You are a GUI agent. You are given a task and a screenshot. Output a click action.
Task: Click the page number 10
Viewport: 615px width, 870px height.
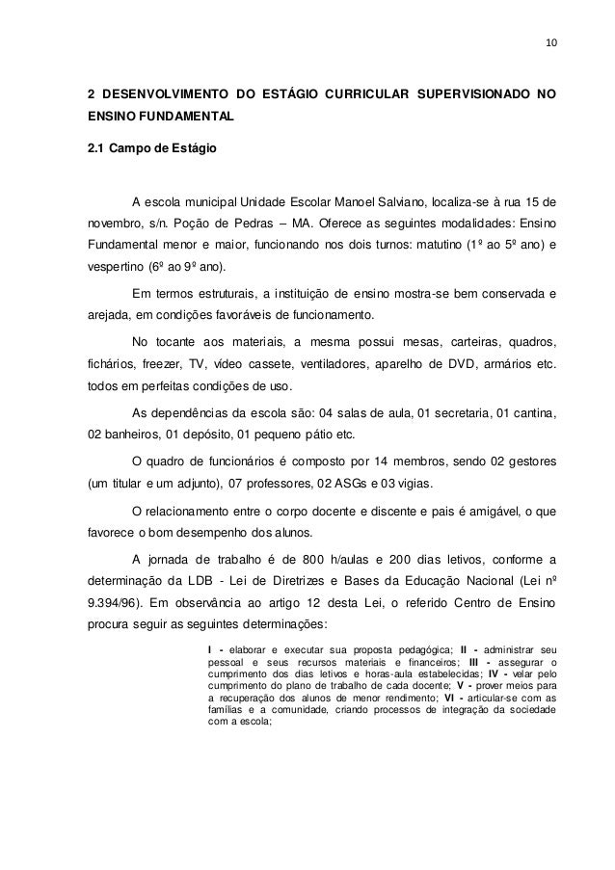550,43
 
